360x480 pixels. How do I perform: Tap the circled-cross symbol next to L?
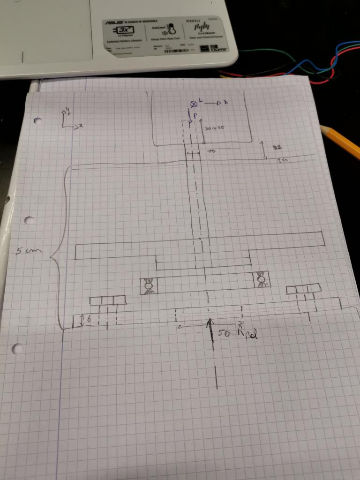pos(193,104)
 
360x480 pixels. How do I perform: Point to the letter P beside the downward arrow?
pos(195,115)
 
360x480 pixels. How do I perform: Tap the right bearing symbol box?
pos(262,280)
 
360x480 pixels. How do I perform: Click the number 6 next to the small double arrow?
pos(89,320)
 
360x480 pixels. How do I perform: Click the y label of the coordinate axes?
pos(67,111)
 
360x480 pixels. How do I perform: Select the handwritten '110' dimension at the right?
pos(282,161)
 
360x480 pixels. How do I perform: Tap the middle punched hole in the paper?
pos(29,220)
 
